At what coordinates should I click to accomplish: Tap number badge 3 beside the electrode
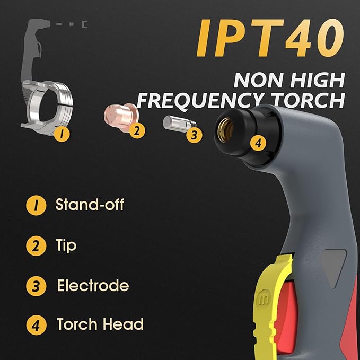pos(195,135)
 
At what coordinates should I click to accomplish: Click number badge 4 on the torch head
pos(258,142)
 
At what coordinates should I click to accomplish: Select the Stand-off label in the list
pos(90,205)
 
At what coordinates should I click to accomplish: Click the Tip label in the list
pos(66,245)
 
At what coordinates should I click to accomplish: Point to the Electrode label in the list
pos(93,285)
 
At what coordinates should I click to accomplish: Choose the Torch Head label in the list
pos(100,324)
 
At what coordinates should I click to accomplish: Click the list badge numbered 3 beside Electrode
pos(34,286)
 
